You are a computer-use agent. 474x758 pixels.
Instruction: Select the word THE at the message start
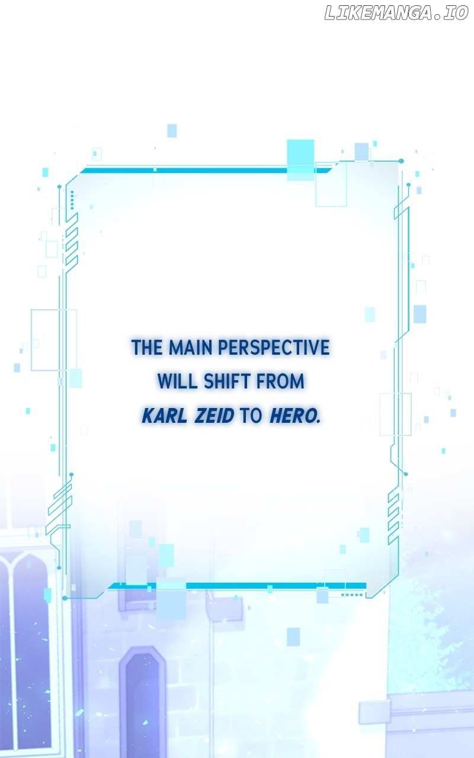(x=148, y=347)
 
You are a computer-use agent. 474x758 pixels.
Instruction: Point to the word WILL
(x=177, y=381)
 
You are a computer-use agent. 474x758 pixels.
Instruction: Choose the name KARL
(x=165, y=416)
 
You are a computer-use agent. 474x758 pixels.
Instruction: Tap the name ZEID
(x=214, y=416)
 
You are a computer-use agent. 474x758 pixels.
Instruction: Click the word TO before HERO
(x=251, y=416)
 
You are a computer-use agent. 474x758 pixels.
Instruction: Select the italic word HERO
(x=294, y=416)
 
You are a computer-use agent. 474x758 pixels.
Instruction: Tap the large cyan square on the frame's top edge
(x=300, y=160)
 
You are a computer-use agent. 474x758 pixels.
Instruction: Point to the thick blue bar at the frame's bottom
(x=237, y=586)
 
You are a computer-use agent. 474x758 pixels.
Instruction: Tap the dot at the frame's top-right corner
(x=401, y=161)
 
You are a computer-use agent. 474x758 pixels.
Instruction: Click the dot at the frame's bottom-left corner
(x=65, y=598)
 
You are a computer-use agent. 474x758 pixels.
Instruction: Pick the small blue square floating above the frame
(x=172, y=131)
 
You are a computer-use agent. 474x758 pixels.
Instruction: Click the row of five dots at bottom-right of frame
(x=352, y=595)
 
